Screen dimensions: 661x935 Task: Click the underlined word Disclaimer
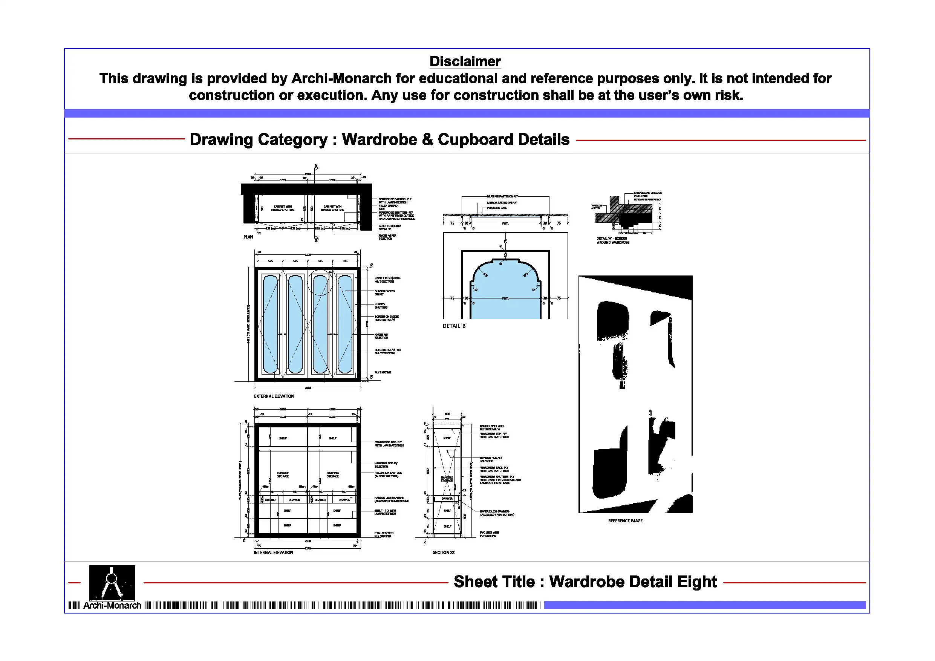pos(465,62)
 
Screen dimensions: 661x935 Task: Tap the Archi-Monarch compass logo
pos(112,582)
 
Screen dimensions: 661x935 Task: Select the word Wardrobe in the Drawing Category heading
pos(380,140)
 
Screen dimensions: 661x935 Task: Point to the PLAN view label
pos(248,237)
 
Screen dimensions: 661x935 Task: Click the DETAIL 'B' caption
pos(454,326)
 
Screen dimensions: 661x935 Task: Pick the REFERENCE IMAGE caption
pos(625,521)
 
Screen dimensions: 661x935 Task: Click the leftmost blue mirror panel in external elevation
pos(271,324)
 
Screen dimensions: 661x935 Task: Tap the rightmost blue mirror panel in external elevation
pos(345,324)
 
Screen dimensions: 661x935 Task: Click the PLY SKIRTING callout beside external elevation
pos(383,372)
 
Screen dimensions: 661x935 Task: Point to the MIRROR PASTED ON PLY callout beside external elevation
pos(384,292)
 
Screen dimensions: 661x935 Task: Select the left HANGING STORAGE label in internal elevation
pos(283,474)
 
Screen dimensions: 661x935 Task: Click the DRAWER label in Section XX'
pos(447,499)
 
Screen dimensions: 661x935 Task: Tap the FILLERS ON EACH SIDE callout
pos(388,474)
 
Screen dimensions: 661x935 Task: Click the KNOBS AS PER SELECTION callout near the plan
pos(387,237)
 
